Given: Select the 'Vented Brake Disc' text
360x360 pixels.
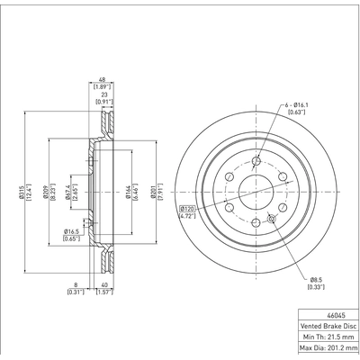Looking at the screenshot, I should click(328, 328).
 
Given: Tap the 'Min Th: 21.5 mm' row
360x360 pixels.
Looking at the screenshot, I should click(328, 339).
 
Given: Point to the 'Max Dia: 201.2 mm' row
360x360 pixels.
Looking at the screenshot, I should click(328, 351).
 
